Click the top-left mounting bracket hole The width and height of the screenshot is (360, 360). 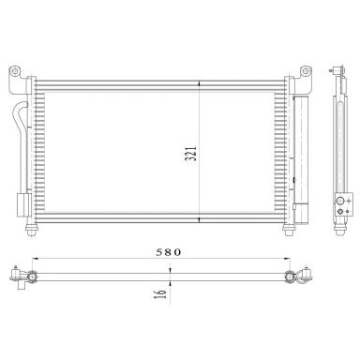[16, 71]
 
